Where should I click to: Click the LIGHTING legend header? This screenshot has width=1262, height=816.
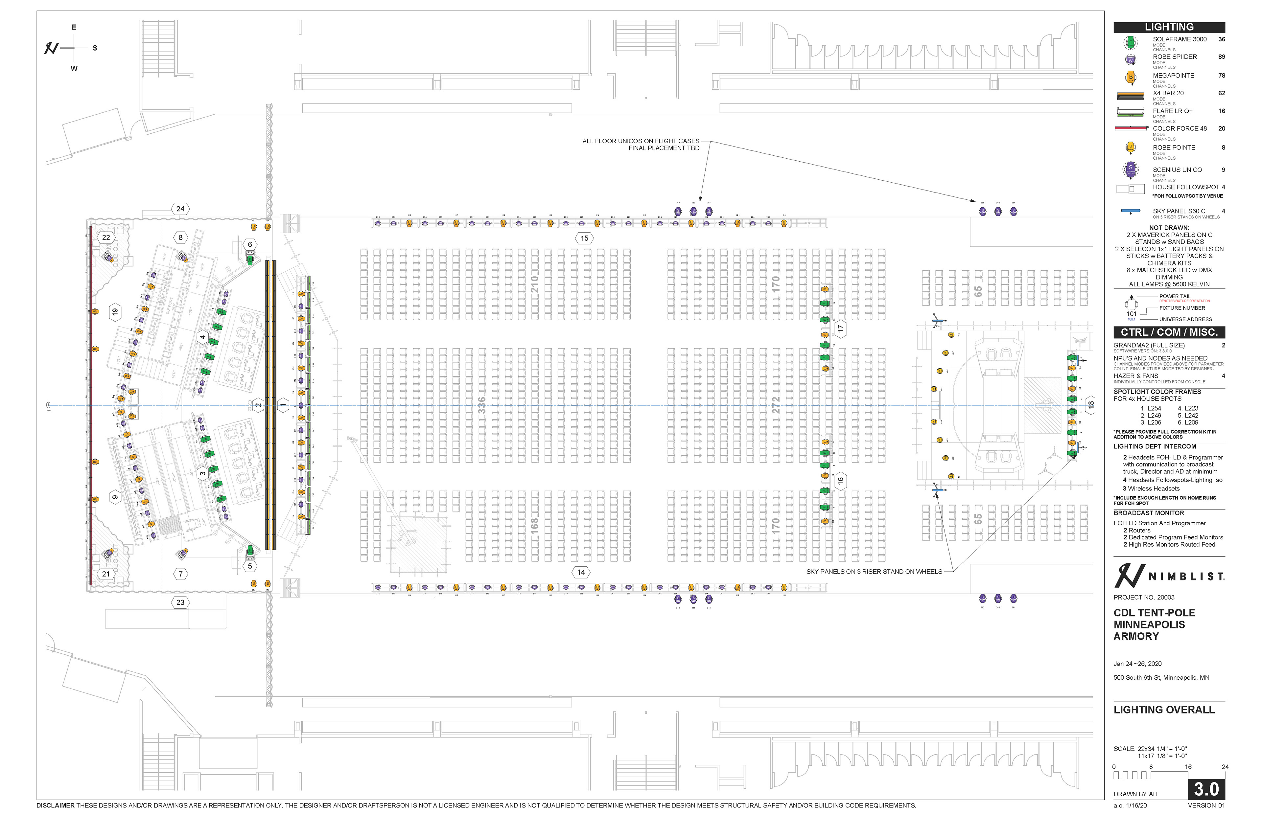[x=1169, y=27]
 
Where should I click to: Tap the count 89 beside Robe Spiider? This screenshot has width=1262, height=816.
[x=1221, y=57]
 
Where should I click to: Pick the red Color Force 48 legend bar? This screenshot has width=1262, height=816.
[x=1131, y=128]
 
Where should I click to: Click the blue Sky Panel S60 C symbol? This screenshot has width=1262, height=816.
[x=1131, y=211]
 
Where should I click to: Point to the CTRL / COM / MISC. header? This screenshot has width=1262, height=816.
[x=1169, y=332]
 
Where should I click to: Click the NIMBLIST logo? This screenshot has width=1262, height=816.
[x=1169, y=576]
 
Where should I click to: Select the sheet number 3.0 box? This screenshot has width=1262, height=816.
[x=1206, y=789]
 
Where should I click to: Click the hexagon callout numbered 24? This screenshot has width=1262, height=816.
[x=180, y=209]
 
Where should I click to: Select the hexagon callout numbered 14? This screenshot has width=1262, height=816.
[x=581, y=572]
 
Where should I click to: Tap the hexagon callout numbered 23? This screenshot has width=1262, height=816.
[x=180, y=602]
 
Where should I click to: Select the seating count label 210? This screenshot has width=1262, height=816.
[x=534, y=284]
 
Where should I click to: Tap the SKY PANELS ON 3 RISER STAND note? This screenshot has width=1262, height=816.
[x=874, y=572]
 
